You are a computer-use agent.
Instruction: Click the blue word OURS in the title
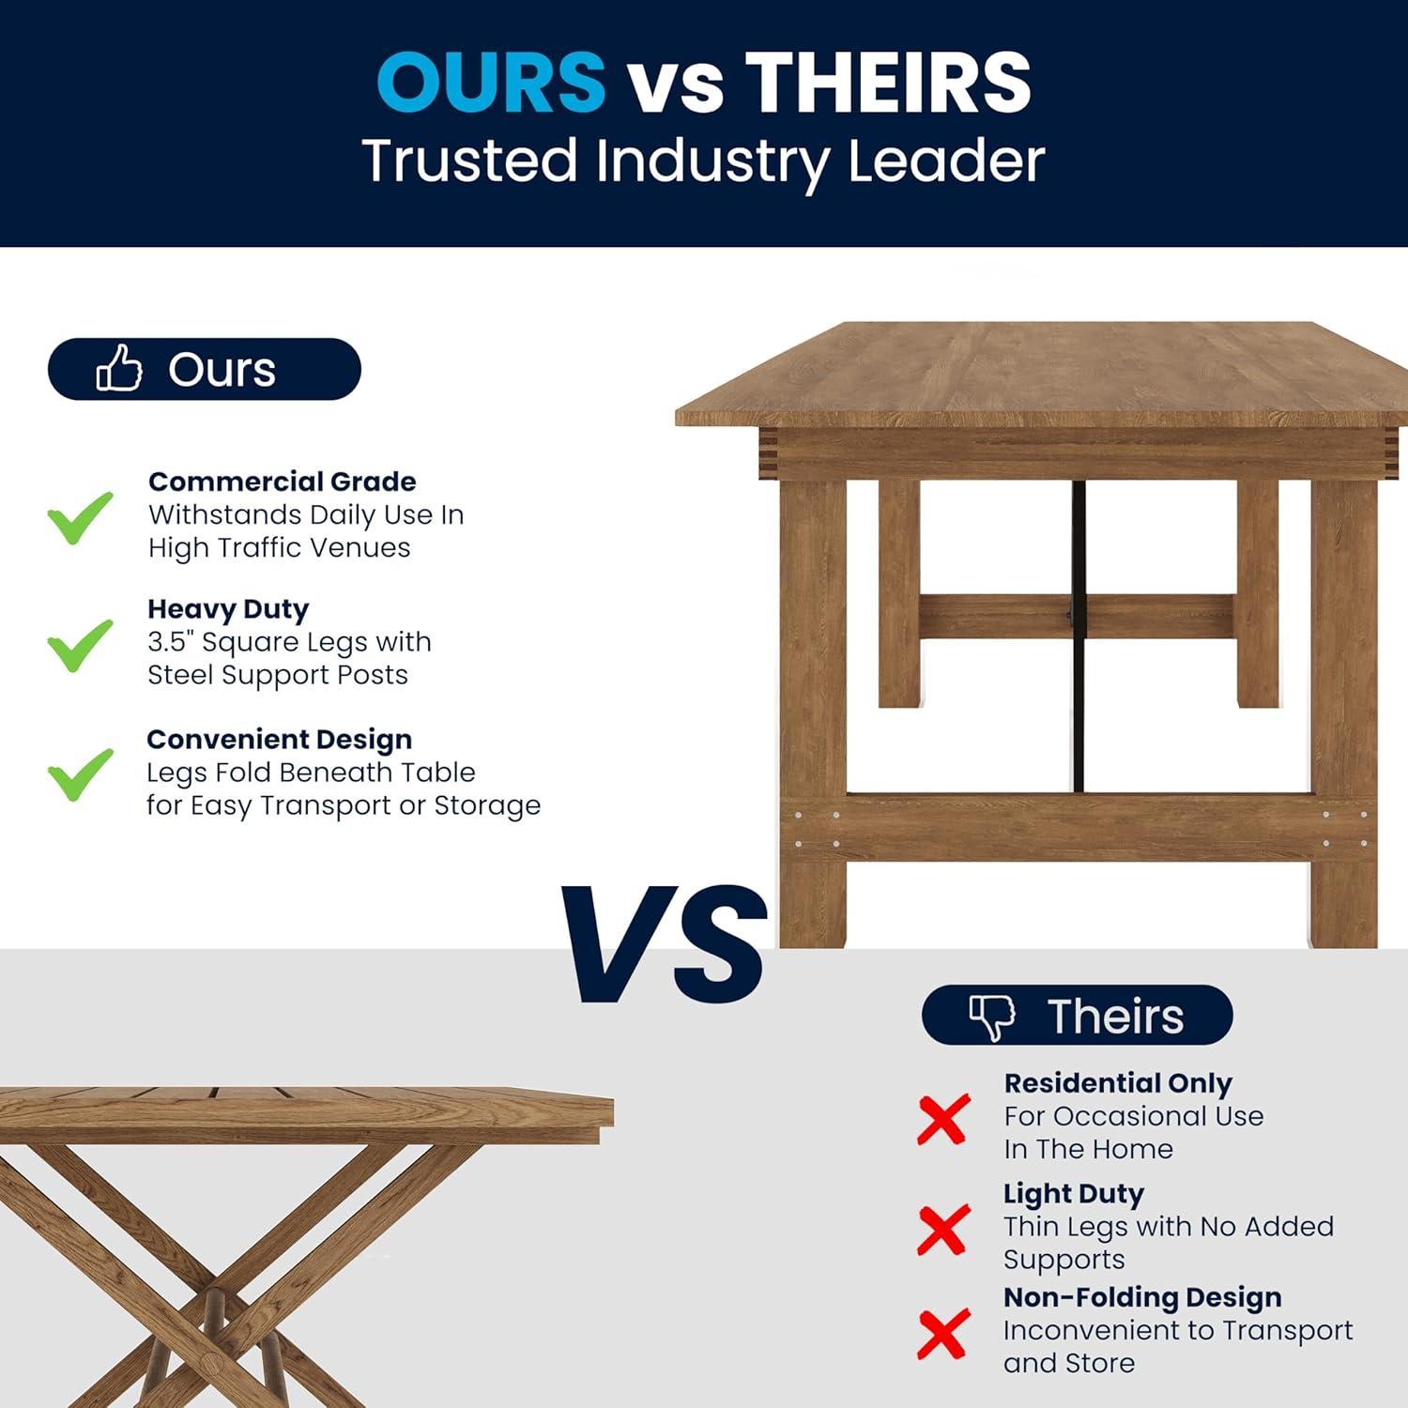pos(491,82)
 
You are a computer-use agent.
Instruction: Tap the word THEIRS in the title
pos(888,82)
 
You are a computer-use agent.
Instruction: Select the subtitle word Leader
pos(945,161)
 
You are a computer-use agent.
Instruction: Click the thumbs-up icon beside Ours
pos(119,367)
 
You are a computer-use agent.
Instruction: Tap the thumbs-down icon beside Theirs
pos(992,1016)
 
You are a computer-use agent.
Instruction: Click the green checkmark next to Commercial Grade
pos(81,516)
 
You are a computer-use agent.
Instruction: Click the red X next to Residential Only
pos(943,1119)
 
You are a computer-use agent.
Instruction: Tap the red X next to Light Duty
pos(943,1230)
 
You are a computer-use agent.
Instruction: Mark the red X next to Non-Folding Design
pos(943,1334)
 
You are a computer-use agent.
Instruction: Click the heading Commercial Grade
pos(282,482)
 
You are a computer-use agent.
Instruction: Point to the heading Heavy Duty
pos(228,609)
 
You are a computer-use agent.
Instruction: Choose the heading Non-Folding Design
pos(1142,1297)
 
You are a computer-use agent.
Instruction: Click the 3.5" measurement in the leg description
pos(169,642)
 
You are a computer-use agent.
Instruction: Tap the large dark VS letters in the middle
pos(665,943)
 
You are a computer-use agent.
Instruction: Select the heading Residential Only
pos(1118,1083)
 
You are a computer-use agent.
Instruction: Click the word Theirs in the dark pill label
pos(1115,1016)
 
